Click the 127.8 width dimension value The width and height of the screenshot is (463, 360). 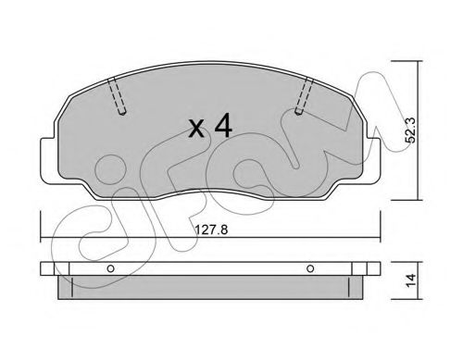tap(211, 230)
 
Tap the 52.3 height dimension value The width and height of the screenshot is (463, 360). tap(411, 130)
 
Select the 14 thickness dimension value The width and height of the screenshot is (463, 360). tap(411, 280)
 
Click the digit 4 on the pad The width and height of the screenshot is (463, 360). tap(223, 125)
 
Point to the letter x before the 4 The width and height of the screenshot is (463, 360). tap(196, 129)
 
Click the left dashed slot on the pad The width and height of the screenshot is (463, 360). tap(118, 96)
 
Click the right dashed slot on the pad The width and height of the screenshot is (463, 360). tap(304, 96)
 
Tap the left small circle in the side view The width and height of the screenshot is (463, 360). tap(110, 268)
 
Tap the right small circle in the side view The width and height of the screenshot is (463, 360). tap(310, 268)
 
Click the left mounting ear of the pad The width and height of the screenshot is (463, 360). tap(49, 160)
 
